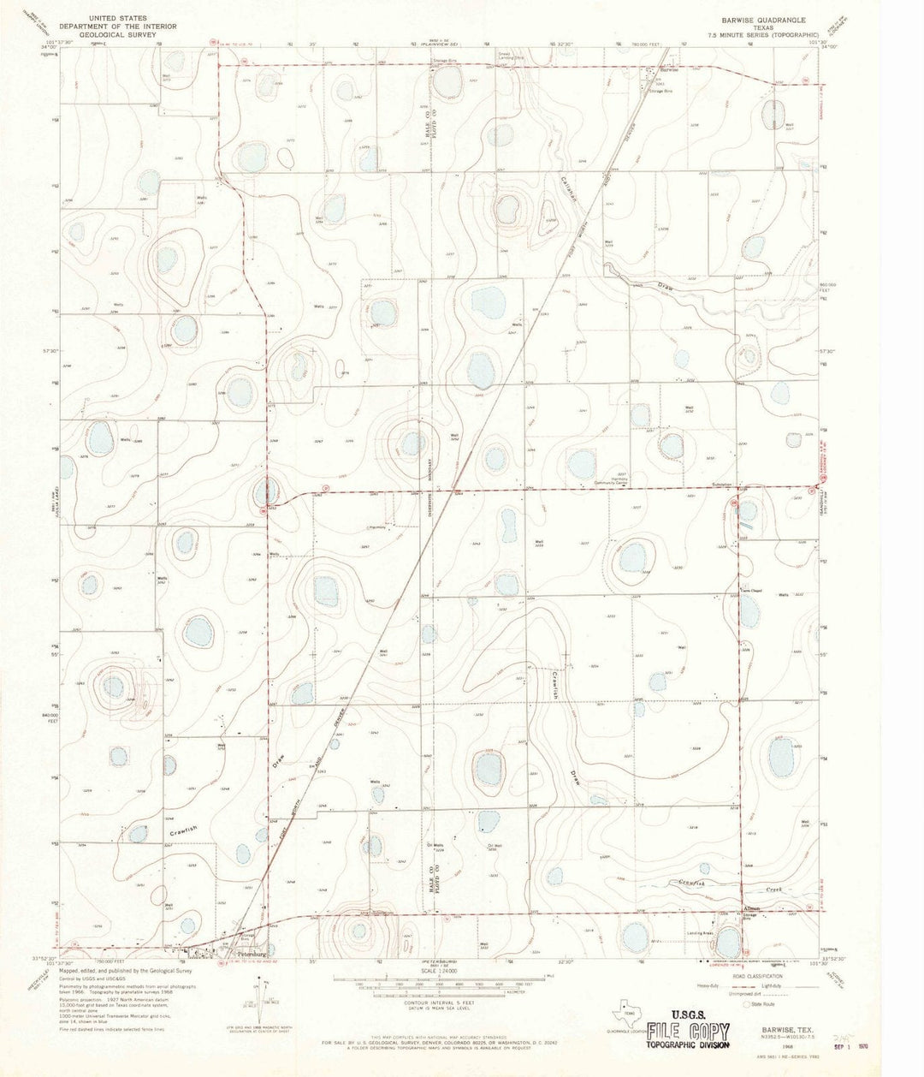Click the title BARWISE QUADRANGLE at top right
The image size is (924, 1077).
tap(763, 18)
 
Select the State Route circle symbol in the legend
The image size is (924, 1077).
tap(746, 1003)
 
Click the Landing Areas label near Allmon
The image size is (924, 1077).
tap(699, 934)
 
